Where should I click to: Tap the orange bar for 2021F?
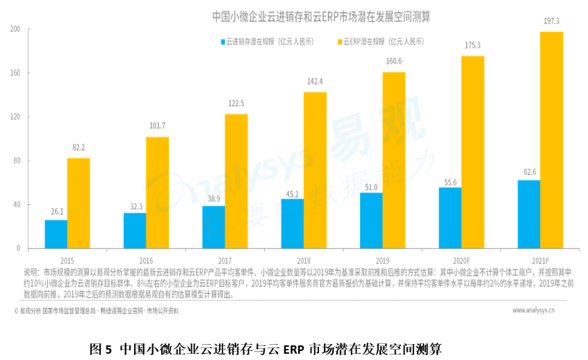click(x=552, y=140)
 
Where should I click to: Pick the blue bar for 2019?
click(x=371, y=220)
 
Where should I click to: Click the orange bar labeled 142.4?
click(x=315, y=170)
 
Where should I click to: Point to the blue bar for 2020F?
click(x=450, y=218)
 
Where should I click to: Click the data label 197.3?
click(x=552, y=22)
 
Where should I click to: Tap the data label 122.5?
click(x=236, y=104)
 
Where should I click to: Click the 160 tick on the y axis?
click(x=15, y=73)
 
